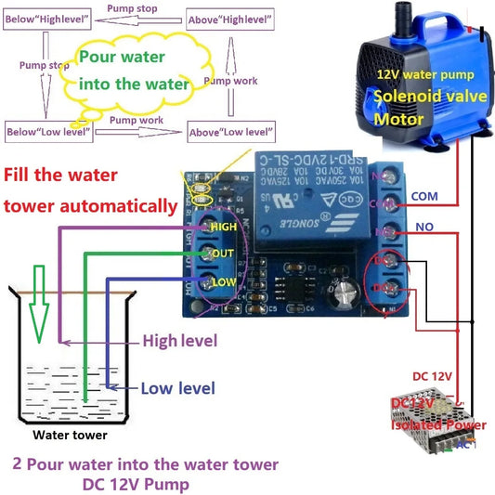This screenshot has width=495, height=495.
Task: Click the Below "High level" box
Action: [x=49, y=18]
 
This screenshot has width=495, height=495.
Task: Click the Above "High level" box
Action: [x=232, y=18]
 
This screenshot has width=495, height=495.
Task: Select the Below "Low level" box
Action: [x=47, y=133]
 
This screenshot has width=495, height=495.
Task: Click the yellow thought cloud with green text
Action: [x=135, y=72]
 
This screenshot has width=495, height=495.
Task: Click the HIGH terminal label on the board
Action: [x=224, y=226]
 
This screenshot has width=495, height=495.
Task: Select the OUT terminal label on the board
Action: [x=223, y=254]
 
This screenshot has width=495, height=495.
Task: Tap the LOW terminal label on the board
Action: [x=223, y=280]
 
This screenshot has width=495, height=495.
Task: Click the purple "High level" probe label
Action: [x=179, y=342]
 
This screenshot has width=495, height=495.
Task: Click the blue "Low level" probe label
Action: [x=177, y=388]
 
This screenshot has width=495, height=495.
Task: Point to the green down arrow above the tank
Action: [x=38, y=302]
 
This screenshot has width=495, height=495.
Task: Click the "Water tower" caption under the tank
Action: [x=71, y=434]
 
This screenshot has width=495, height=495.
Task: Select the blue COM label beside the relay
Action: [x=423, y=197]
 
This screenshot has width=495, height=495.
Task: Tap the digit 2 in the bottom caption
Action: [x=17, y=463]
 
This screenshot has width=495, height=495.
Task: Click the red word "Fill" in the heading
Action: [x=22, y=175]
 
